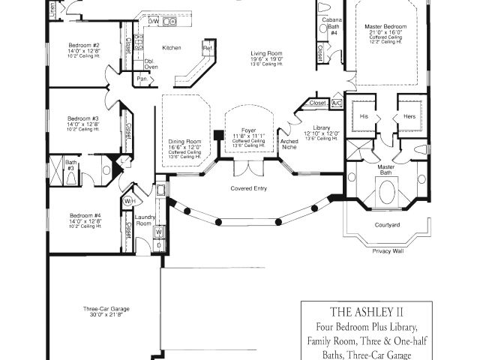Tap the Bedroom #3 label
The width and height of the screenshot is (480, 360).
point(83,118)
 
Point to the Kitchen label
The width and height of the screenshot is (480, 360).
point(172,47)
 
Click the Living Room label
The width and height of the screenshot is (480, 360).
point(265,52)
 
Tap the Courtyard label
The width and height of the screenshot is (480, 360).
point(388,224)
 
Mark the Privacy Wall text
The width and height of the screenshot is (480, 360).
point(388,251)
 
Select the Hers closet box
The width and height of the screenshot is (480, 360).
point(409,117)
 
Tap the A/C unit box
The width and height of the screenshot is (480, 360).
point(336,103)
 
